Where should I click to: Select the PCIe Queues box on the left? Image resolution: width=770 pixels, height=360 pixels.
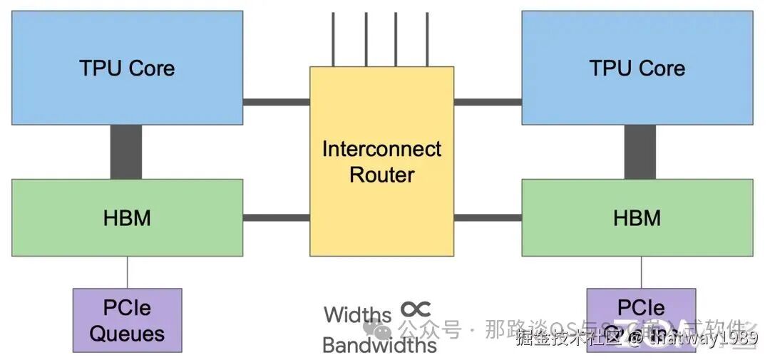coord(127,320)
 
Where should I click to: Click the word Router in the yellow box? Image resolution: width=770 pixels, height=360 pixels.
coord(381,174)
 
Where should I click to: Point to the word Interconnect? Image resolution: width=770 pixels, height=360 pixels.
coord(381,149)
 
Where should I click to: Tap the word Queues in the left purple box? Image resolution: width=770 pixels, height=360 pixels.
coord(127,333)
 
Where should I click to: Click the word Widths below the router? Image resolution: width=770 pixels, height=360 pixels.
coord(357,314)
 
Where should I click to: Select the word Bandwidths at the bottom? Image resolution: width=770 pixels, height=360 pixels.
coord(379,345)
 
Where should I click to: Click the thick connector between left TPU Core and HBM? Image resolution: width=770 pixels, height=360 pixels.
coord(126,152)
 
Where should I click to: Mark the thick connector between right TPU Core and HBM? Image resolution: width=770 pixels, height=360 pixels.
coord(640,152)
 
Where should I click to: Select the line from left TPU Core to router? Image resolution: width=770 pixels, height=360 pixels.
coord(276,102)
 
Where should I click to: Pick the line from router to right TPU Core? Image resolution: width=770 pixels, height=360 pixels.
coord(488,102)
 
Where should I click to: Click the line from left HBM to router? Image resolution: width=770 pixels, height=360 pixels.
coord(276,217)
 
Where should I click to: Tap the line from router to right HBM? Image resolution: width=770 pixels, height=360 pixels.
coord(488,217)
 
